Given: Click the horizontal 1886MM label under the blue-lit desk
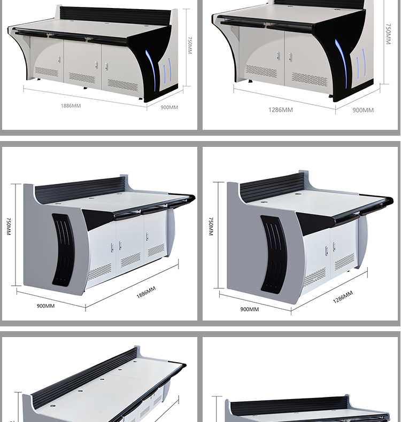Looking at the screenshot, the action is [71, 106].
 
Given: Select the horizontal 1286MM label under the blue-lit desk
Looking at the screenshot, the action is [280, 110].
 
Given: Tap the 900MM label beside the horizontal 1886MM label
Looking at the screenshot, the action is [169, 107].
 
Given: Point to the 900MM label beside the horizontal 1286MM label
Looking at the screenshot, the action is [363, 110].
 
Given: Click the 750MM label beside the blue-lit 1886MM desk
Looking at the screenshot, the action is [190, 45].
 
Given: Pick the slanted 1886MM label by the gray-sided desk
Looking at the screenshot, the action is [146, 292].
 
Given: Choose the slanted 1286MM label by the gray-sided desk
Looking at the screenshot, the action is [343, 297].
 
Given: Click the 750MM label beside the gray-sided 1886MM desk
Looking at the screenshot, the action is [9, 226].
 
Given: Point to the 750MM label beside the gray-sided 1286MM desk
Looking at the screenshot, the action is [211, 226].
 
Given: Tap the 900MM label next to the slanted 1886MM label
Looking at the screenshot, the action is [45, 306].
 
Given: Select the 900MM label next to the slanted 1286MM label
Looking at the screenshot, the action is [249, 309].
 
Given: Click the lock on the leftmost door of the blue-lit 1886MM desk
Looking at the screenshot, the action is [59, 59].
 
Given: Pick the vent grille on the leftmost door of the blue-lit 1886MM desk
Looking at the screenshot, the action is [47, 72].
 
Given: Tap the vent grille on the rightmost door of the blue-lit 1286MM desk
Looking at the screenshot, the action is [309, 79].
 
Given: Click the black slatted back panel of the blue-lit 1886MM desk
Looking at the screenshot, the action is [115, 17].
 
